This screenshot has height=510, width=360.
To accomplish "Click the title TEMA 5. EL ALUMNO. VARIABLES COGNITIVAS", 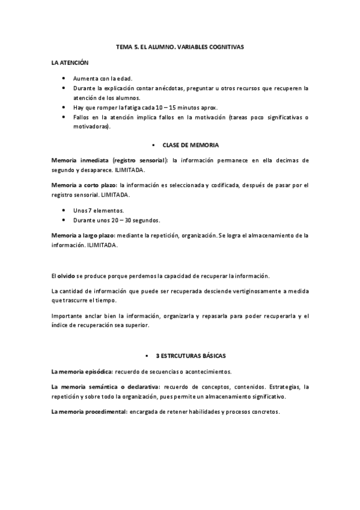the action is (x=180, y=46).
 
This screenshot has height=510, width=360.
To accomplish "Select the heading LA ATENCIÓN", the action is (x=70, y=63).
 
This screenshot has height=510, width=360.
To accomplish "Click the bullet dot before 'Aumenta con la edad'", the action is (x=64, y=78).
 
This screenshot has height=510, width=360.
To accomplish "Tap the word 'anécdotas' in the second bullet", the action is (x=165, y=88).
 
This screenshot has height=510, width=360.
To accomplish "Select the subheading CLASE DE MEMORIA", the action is (x=191, y=146).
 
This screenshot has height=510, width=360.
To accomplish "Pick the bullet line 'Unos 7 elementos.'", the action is (x=99, y=210).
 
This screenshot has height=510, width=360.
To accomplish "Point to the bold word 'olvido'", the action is (x=66, y=276).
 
